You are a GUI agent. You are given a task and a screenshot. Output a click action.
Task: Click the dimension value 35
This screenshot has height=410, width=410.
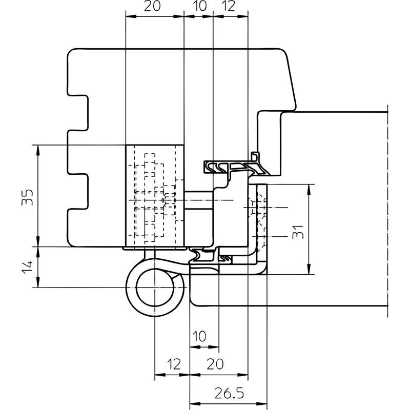(28, 197)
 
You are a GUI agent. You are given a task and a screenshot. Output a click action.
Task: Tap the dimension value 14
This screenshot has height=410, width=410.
(28, 266)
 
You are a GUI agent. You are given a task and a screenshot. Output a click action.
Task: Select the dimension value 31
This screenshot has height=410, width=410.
(298, 232)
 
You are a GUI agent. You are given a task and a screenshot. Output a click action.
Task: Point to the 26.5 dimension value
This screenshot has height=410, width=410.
(229, 393)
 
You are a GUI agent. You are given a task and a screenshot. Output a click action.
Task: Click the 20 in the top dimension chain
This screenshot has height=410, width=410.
(152, 6)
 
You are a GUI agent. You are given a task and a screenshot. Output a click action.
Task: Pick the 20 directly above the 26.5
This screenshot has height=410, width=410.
(215, 364)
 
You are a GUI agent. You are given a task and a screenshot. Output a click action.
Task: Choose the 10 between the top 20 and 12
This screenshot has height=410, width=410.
(200, 6)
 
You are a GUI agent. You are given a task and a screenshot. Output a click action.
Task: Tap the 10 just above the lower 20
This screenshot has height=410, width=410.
(199, 336)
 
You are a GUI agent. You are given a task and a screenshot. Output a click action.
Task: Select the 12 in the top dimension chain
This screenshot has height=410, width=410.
(229, 6)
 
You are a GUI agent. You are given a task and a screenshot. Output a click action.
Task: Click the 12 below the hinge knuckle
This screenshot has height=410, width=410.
(174, 364)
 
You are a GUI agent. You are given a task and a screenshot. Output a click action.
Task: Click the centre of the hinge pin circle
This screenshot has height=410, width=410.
(155, 287)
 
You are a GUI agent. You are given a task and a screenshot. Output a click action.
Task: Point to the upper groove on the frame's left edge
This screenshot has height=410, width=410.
(78, 113)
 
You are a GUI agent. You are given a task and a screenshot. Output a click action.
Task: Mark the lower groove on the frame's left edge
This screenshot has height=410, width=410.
(78, 191)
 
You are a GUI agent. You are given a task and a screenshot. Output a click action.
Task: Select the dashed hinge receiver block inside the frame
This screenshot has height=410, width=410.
(155, 196)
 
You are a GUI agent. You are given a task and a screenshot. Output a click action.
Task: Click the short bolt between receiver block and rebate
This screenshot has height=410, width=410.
(199, 200)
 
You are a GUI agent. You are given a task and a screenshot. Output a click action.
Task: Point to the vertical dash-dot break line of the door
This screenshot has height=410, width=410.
(387, 211)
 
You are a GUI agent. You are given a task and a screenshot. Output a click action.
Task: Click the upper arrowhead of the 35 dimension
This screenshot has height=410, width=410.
(38, 150)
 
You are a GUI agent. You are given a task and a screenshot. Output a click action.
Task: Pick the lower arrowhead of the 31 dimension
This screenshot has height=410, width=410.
(309, 270)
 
